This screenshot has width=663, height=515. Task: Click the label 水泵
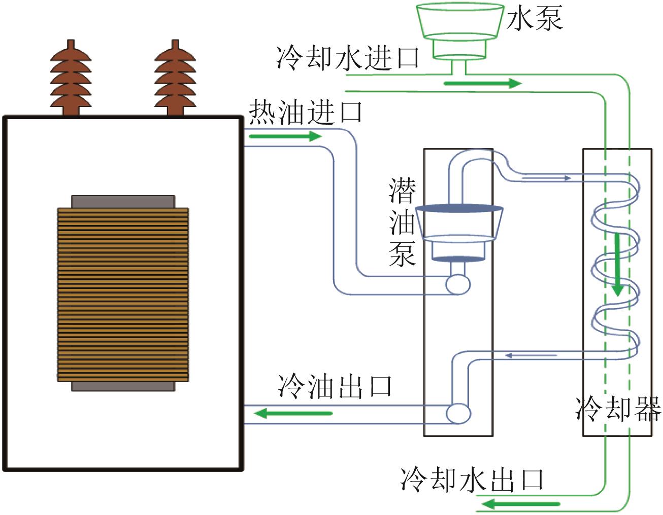point(535,19)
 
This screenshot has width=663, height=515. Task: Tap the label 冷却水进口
point(348,58)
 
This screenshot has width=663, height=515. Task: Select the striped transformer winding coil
point(123,295)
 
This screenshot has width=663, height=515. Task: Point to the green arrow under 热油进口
point(286,136)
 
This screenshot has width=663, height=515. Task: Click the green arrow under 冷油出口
point(293,413)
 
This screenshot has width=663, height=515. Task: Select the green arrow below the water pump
point(483,83)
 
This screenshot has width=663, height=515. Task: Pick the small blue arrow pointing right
point(547,177)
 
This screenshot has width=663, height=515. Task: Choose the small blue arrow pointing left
point(531,355)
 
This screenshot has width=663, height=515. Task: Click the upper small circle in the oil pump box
point(458,284)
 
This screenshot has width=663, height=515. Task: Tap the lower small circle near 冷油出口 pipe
point(458,413)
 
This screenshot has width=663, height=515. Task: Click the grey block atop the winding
point(123,202)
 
